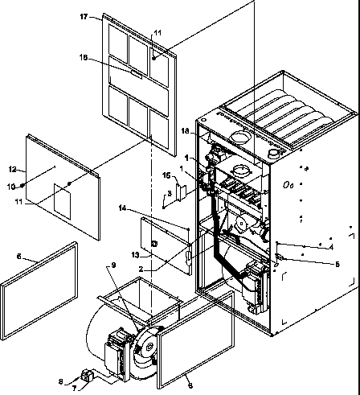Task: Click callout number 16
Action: pyautogui.click(x=166, y=175)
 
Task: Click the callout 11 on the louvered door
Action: pyautogui.click(x=157, y=32)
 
